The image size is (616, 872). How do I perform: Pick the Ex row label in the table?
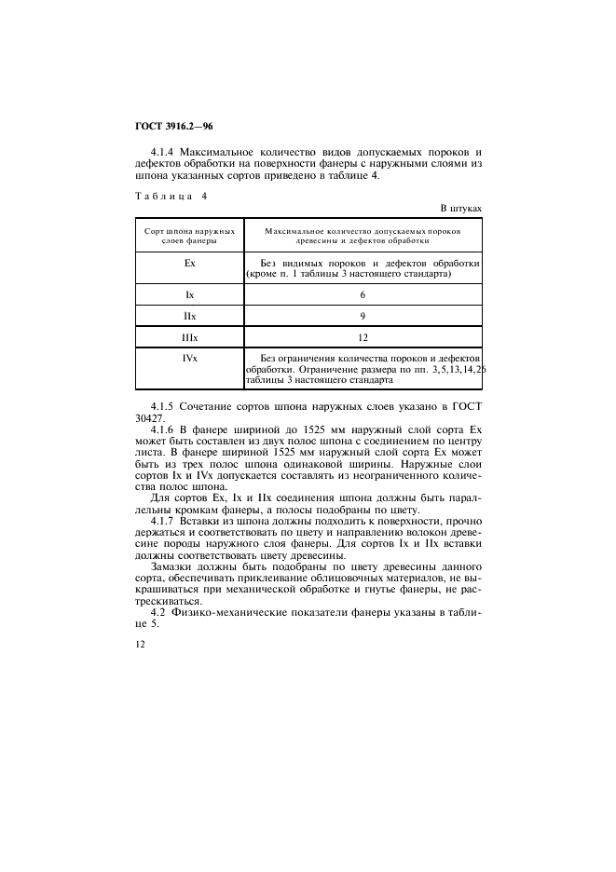(189, 264)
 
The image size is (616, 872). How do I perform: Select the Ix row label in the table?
(189, 293)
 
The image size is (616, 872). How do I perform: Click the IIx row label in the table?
(189, 316)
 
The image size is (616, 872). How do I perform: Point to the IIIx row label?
(189, 337)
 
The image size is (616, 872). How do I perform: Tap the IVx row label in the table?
(189, 358)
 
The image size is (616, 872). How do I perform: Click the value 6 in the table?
(363, 293)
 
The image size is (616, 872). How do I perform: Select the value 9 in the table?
(363, 316)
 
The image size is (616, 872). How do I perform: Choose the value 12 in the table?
(363, 337)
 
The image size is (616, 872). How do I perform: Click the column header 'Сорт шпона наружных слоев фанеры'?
(189, 235)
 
